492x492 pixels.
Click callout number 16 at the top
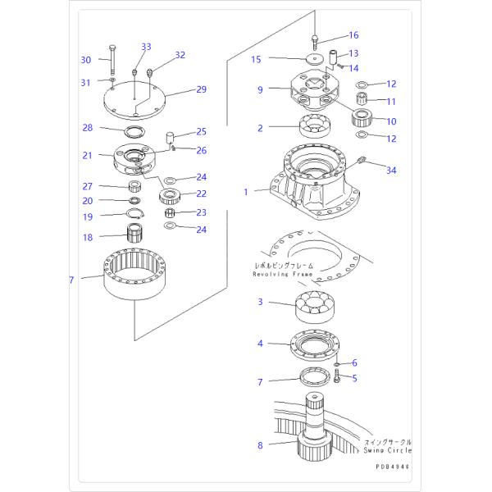[x=353, y=35]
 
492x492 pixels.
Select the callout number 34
[x=391, y=170]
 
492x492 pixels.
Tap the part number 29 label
[x=201, y=89]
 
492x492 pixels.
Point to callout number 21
[x=88, y=155]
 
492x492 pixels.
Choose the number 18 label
[x=88, y=237]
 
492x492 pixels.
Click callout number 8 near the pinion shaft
[x=260, y=445]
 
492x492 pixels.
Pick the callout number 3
[x=260, y=303]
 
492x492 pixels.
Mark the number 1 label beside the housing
[x=244, y=192]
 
